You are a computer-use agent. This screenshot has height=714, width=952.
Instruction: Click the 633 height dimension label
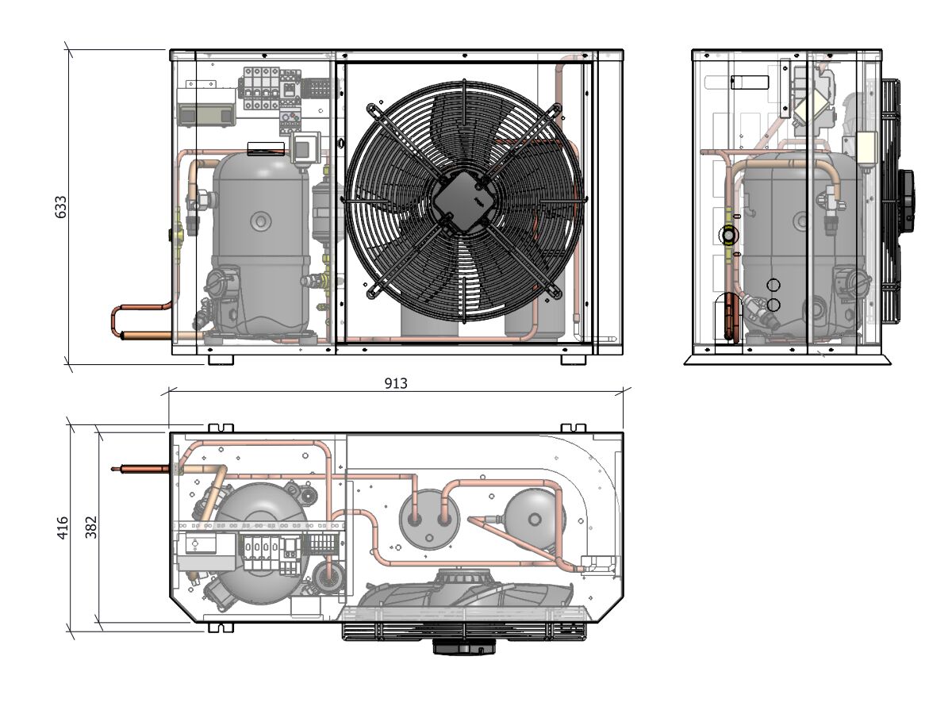click(x=60, y=206)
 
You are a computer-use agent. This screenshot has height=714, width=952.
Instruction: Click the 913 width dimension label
click(x=396, y=383)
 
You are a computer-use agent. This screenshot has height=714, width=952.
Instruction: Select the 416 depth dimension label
click(x=63, y=528)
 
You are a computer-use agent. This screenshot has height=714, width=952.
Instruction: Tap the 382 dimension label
click(x=90, y=528)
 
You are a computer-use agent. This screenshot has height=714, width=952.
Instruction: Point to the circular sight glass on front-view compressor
click(x=260, y=221)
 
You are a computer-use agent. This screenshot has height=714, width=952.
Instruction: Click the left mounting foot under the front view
click(x=221, y=359)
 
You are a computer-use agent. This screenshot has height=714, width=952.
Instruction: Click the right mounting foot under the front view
click(x=574, y=359)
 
